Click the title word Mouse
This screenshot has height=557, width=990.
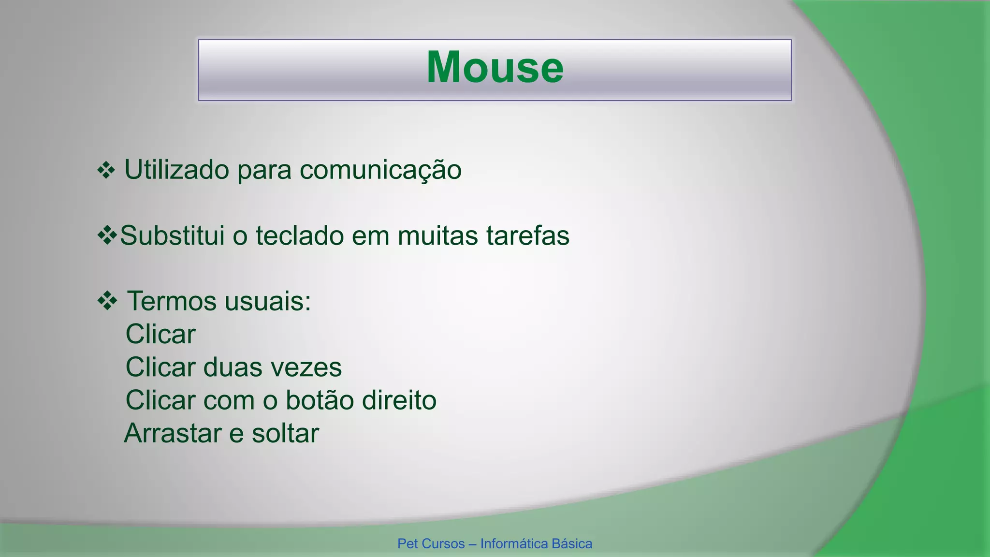tap(495, 68)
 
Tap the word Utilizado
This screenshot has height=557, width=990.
tap(176, 170)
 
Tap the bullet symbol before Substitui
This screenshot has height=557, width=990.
tap(107, 235)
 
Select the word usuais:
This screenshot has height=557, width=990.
tap(268, 302)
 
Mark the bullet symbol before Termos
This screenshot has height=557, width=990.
tap(107, 301)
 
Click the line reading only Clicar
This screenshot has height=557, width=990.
tap(160, 335)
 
